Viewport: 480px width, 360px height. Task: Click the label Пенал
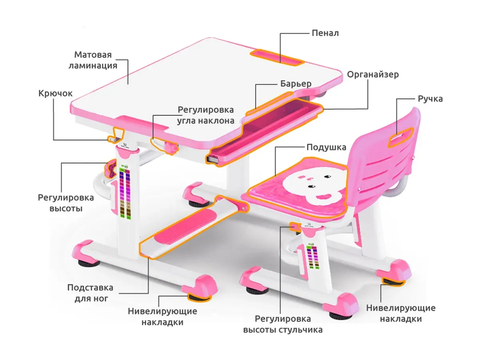[325, 33]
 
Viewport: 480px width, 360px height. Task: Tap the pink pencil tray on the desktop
[276, 56]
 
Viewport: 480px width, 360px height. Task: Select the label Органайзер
[373, 74]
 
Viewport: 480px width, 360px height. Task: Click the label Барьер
[295, 84]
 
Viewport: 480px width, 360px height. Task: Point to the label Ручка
[430, 98]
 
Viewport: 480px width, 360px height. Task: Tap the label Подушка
[326, 147]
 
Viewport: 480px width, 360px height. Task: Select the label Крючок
[56, 93]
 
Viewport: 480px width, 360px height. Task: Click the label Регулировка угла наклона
[206, 115]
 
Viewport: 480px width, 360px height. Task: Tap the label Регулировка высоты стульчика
[283, 324]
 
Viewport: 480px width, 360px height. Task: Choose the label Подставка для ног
[90, 293]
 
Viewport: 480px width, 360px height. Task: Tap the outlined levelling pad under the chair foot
[393, 282]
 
